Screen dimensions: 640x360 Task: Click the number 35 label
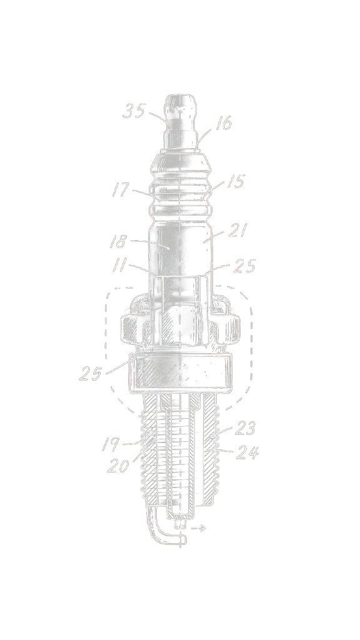(x=134, y=111)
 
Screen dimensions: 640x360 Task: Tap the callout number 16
(x=223, y=123)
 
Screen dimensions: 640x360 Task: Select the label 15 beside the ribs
(x=235, y=182)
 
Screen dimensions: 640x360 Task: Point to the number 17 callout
(x=121, y=189)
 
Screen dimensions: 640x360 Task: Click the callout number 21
(x=237, y=231)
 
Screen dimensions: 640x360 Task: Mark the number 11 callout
(x=121, y=265)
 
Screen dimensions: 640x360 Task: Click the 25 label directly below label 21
(x=244, y=266)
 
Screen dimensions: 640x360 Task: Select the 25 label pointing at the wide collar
(x=91, y=374)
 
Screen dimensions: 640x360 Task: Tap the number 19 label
(x=111, y=444)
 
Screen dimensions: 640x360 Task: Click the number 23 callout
(x=246, y=429)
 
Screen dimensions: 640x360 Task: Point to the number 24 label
(x=247, y=452)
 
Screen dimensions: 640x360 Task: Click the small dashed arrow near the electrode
(x=199, y=528)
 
